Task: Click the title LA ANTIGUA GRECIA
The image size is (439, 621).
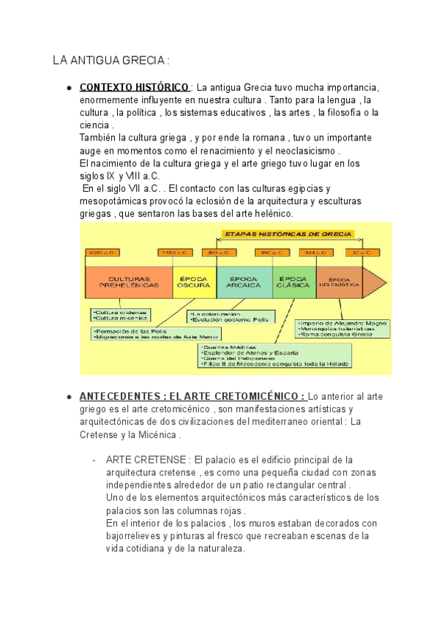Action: pos(111,60)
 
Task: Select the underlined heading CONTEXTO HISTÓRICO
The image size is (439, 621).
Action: pos(134,87)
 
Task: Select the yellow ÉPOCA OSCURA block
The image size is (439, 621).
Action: pos(193,282)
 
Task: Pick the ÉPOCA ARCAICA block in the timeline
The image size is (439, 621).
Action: pos(244,282)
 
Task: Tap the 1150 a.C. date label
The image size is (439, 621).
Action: pos(175,253)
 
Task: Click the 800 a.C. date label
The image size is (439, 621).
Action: pos(217,253)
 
